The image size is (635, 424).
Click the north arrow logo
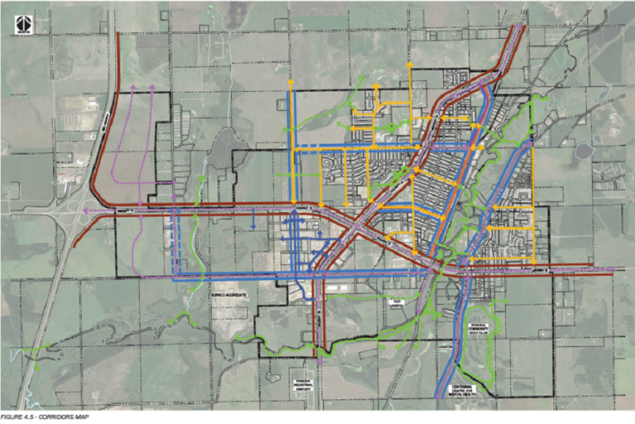(22, 25)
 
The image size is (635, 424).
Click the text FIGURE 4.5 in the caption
(19, 417)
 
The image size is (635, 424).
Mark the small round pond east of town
(584, 152)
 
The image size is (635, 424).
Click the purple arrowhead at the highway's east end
(611, 269)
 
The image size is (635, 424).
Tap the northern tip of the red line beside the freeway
(118, 35)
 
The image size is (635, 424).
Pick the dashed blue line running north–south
(176, 240)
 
